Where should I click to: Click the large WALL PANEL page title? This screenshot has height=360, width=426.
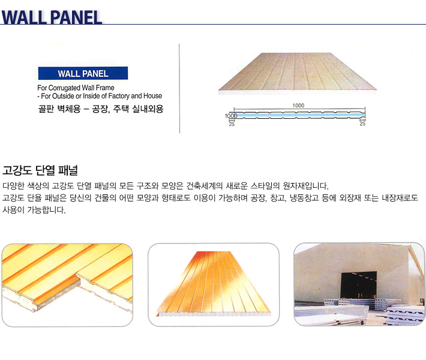(52, 17)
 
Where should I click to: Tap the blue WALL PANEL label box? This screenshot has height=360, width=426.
(83, 73)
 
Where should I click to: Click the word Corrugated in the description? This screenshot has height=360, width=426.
(64, 88)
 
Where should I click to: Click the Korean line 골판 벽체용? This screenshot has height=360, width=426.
(59, 109)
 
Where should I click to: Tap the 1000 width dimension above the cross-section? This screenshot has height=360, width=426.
(298, 106)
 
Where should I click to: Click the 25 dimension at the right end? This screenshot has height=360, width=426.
(362, 124)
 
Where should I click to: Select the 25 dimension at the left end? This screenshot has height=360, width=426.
(232, 124)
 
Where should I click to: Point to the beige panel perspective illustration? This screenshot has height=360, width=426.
(298, 73)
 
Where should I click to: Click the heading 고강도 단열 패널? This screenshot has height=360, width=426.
(40, 170)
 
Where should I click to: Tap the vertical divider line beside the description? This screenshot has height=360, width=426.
(179, 88)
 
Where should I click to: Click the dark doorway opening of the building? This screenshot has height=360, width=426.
(359, 285)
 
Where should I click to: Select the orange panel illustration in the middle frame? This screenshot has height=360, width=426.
(214, 284)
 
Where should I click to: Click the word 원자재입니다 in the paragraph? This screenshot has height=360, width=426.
(305, 186)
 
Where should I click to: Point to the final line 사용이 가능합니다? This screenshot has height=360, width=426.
(34, 210)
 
